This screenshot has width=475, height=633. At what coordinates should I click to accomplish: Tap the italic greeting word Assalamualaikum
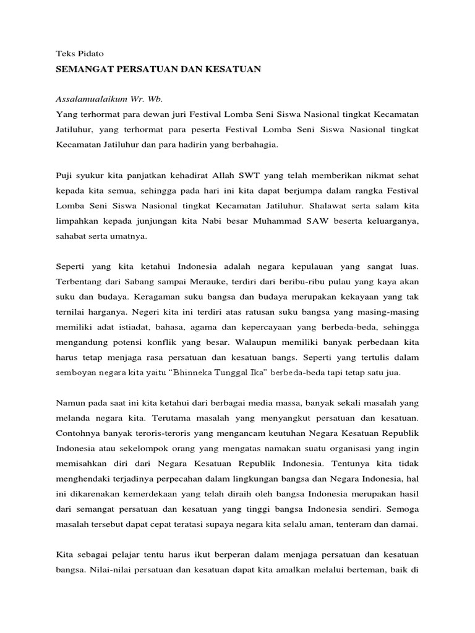point(88,99)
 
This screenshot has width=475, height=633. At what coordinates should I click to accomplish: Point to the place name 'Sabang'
point(142,283)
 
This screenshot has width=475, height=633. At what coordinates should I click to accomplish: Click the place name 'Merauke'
point(200,283)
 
